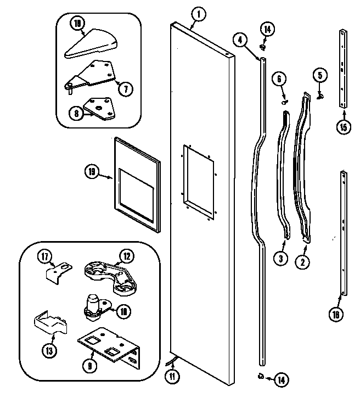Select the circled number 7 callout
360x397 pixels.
(126, 89)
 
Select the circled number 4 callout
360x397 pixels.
(240, 40)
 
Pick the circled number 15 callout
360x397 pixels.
(344, 128)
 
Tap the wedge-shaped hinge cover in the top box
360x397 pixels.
(91, 44)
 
